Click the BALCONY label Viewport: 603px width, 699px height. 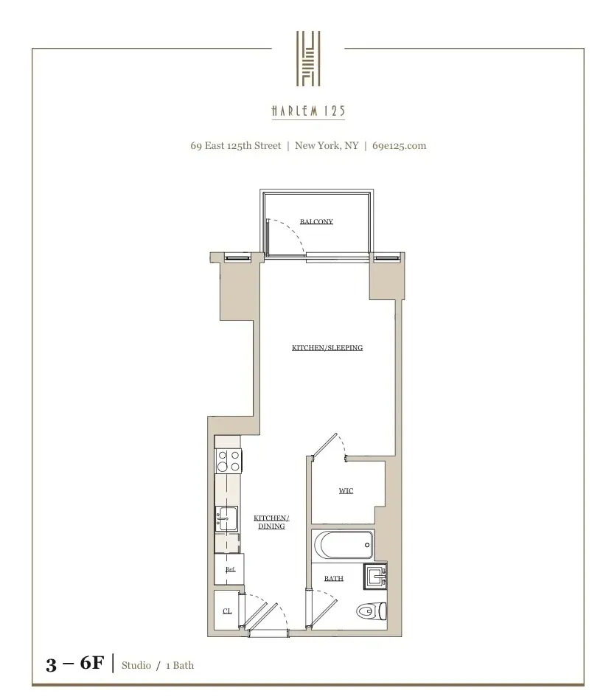[x=316, y=221]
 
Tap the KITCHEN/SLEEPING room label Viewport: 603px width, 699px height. [x=327, y=347]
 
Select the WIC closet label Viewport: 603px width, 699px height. [x=346, y=490]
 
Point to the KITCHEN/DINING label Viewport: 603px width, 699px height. [x=271, y=522]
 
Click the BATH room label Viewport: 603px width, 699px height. [x=334, y=578]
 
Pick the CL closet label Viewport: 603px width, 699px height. [x=227, y=611]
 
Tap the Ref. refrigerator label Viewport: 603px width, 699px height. [x=230, y=569]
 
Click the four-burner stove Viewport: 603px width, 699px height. [x=229, y=461]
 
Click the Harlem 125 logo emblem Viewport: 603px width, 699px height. [x=308, y=58]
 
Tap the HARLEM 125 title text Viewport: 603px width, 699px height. [x=308, y=111]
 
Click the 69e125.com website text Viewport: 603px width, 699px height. [x=399, y=145]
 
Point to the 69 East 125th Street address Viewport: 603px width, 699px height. [x=235, y=145]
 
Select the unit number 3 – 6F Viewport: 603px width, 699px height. [x=74, y=664]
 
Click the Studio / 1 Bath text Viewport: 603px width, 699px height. [x=158, y=665]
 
